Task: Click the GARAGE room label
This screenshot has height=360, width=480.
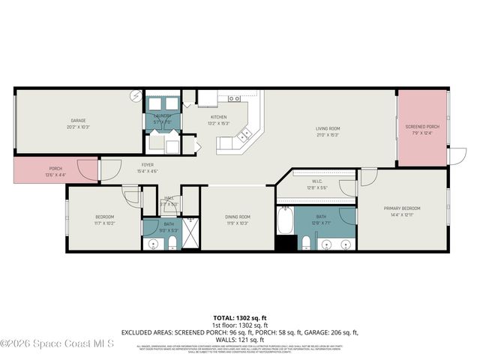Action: (x=78, y=121)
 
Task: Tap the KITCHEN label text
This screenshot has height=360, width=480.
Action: (x=218, y=118)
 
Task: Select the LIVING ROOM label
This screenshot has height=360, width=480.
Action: (x=327, y=129)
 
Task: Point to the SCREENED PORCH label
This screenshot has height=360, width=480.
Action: (x=422, y=127)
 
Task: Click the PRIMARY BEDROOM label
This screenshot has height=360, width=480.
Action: (x=402, y=208)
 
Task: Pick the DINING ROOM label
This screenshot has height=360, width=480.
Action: (x=238, y=217)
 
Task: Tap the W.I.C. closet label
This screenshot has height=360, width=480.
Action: (x=317, y=181)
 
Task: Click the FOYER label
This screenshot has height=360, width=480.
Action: (x=147, y=165)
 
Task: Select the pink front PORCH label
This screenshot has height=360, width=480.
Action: (x=55, y=169)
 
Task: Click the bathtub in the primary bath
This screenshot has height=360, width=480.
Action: (x=285, y=222)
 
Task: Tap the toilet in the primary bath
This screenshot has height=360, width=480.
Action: (x=307, y=242)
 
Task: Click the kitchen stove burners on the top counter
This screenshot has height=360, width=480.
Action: (x=234, y=98)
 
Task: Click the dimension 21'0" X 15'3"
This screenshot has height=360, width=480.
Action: (x=327, y=136)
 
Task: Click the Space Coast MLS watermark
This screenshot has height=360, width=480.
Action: (x=56, y=343)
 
